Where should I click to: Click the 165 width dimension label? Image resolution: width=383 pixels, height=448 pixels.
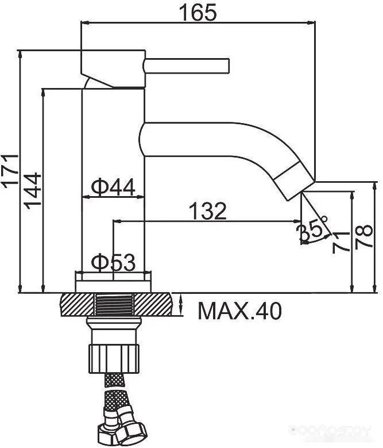click(x=198, y=13)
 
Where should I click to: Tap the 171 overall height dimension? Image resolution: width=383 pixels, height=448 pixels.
click(x=10, y=171)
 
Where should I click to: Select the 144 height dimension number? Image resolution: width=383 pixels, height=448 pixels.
click(x=32, y=190)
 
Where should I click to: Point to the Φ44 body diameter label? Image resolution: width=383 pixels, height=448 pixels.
click(x=113, y=187)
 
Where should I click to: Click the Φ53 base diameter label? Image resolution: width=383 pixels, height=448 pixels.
click(x=113, y=262)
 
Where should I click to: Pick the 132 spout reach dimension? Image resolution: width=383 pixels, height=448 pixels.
click(x=208, y=210)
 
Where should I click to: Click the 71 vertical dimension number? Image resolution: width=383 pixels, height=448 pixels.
click(x=341, y=242)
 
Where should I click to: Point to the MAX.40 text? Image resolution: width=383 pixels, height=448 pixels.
click(x=240, y=311)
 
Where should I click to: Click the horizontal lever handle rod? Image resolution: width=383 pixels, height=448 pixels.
click(x=187, y=66)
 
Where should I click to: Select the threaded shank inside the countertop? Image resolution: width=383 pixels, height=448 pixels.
click(x=114, y=305)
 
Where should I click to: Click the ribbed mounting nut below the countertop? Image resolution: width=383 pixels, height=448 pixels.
click(x=114, y=358)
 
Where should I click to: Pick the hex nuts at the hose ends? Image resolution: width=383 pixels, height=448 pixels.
click(x=122, y=431)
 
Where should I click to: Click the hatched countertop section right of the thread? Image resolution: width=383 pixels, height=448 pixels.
click(x=153, y=305)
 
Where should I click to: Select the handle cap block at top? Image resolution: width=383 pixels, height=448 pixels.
click(x=114, y=68)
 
